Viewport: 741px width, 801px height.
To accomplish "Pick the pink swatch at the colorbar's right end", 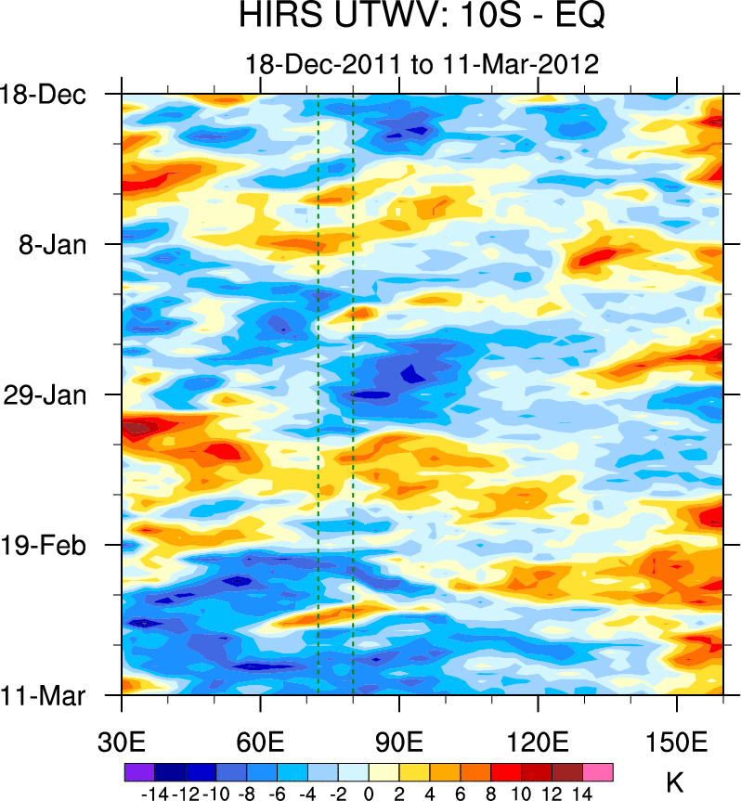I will pyautogui.click(x=598, y=771).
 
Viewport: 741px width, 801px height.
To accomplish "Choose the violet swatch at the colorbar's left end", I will pyautogui.click(x=139, y=771).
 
